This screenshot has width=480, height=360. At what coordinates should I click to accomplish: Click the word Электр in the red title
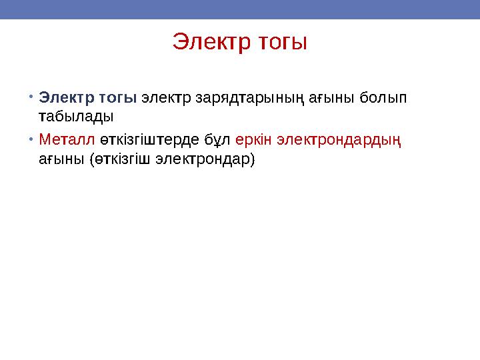pos(209,42)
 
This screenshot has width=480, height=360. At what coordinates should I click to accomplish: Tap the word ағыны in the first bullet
pos(332,98)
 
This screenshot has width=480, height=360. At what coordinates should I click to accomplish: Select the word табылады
pos(76,116)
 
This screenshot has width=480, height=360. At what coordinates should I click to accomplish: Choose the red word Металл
pos(67,140)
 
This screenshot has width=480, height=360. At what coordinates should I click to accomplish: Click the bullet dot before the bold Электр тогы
pos(32,97)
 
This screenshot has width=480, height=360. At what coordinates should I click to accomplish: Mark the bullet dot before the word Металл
pos(32,140)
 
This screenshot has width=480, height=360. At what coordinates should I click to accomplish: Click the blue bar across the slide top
pos(240,9)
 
